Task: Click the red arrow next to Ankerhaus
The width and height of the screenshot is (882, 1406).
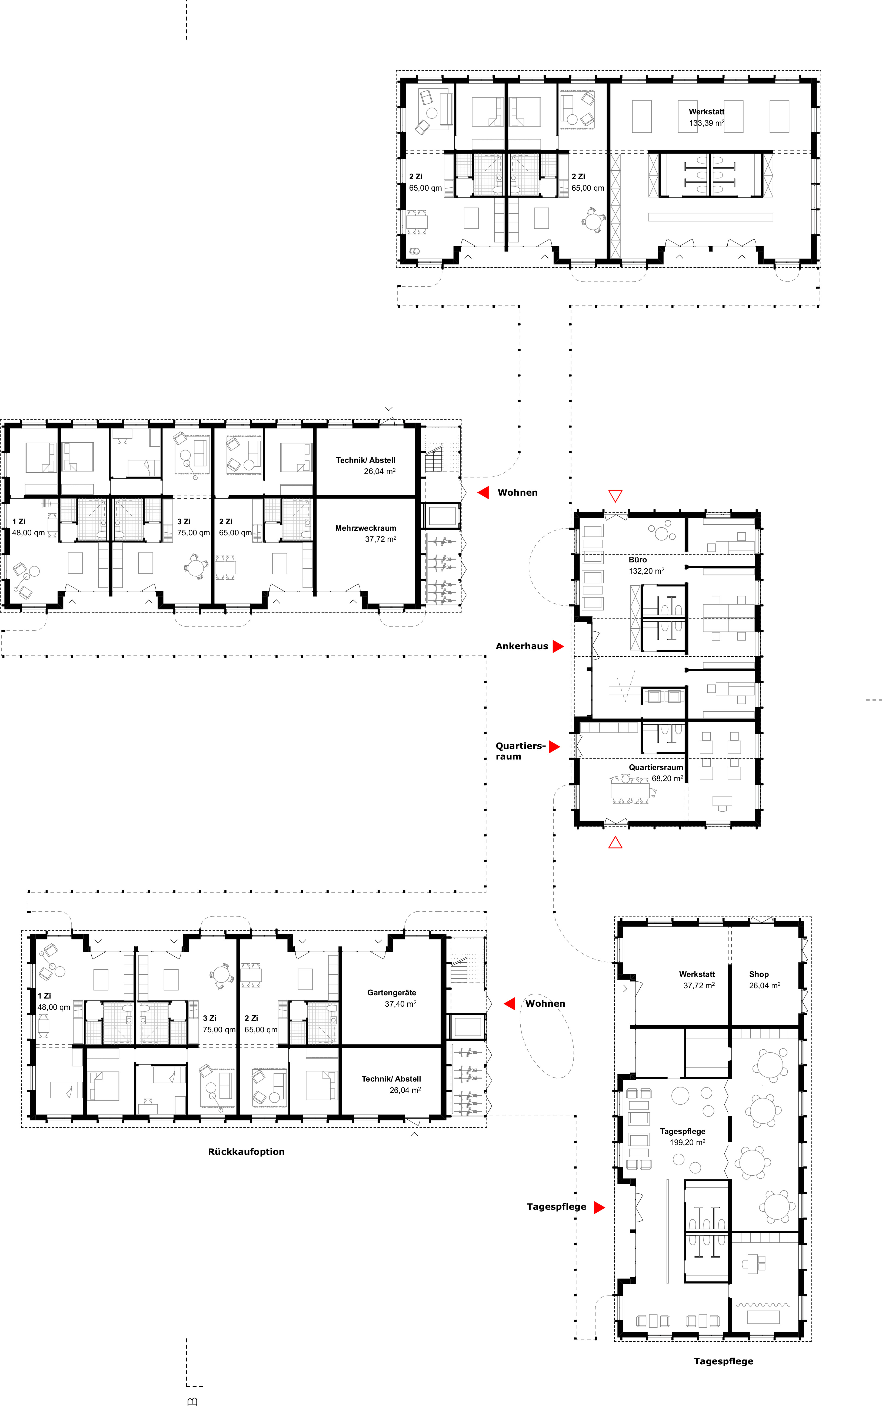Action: pos(558,646)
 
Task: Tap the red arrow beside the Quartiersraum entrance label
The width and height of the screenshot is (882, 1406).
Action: pos(554,746)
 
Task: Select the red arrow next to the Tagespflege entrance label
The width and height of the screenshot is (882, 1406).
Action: pos(599,1207)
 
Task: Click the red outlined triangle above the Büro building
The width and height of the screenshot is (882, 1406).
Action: pos(615,496)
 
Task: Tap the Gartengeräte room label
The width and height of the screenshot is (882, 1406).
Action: pos(392,992)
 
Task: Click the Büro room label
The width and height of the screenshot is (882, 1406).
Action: pos(638,559)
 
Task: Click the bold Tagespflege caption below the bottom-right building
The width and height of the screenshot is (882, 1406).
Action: pos(723,1361)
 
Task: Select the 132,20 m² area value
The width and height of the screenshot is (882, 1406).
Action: pos(646,571)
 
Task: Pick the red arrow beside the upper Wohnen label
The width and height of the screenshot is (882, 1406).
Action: pos(483,492)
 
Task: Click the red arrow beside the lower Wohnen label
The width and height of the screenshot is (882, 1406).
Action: pos(509,1003)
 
